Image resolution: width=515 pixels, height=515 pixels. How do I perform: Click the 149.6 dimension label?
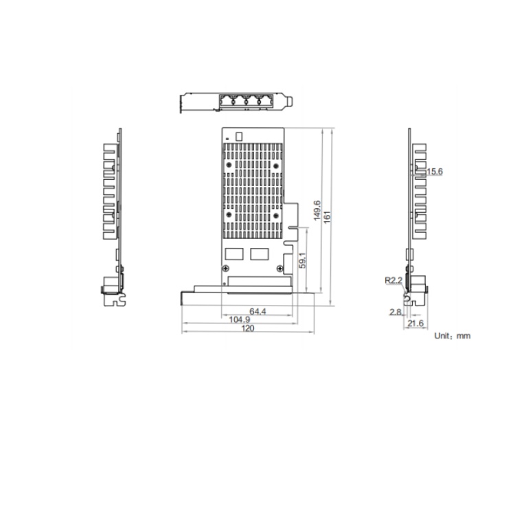(x=317, y=211)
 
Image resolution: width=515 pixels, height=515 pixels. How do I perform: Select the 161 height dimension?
(x=327, y=218)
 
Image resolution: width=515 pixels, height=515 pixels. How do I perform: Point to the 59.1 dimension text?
(x=303, y=260)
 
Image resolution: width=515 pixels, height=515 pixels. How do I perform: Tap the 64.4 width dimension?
(x=257, y=311)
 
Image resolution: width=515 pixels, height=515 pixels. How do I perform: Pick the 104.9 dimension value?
(x=240, y=319)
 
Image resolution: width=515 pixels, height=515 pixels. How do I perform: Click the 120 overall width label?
(x=248, y=328)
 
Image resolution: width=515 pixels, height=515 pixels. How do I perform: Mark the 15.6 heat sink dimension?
(x=435, y=172)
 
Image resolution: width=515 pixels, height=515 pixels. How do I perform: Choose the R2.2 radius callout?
(x=393, y=280)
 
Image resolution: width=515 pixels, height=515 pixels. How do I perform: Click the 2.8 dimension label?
(x=396, y=312)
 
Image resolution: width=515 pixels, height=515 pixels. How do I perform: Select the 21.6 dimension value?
(x=415, y=323)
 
